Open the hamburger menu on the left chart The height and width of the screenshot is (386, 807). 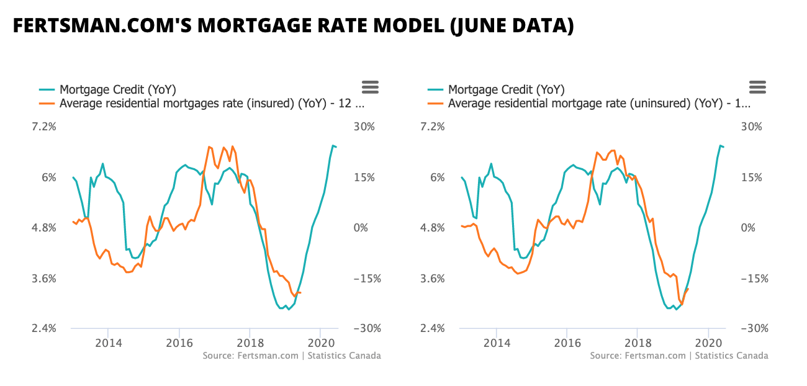(370, 88)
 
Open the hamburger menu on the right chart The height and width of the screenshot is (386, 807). (758, 88)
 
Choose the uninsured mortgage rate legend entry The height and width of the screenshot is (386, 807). (599, 104)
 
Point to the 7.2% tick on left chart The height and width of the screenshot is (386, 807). (43, 127)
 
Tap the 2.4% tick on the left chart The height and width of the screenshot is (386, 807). (43, 329)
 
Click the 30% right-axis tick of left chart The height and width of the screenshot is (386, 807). (364, 127)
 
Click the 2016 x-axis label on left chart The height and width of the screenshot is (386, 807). (179, 343)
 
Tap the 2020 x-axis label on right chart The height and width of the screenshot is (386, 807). (708, 343)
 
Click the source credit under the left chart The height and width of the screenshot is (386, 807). (292, 356)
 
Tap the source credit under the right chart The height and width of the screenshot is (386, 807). (679, 356)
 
